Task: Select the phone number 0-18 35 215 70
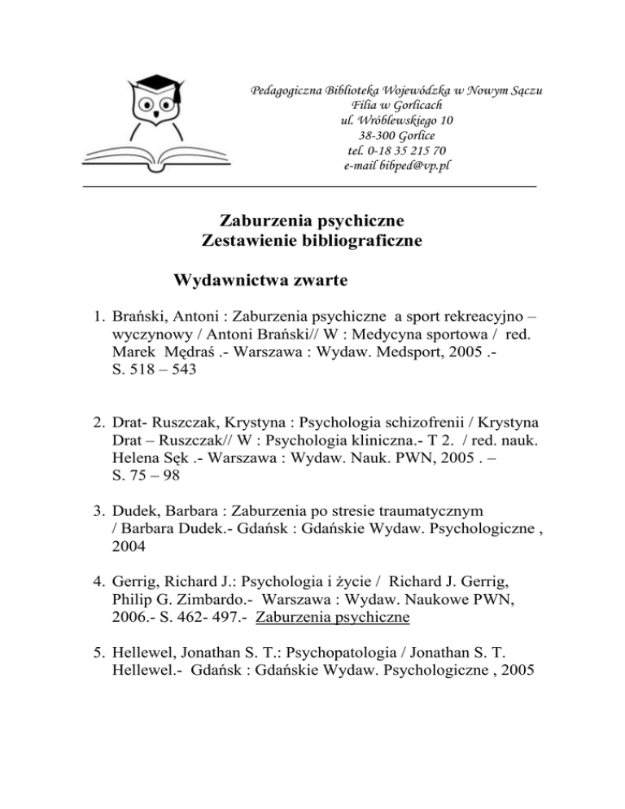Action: click(x=407, y=150)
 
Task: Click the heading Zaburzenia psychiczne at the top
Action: click(x=312, y=221)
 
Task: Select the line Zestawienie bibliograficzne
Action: click(x=312, y=241)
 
